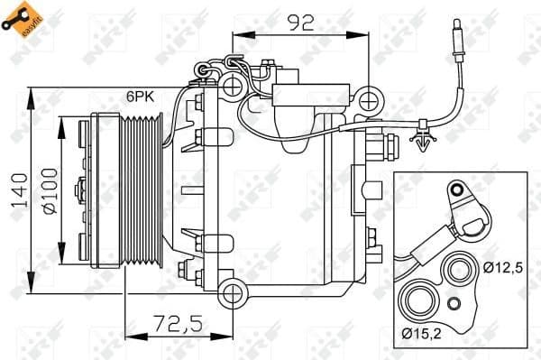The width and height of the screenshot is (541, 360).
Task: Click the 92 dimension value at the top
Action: click(300, 23)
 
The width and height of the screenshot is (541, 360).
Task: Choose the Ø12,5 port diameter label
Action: click(503, 266)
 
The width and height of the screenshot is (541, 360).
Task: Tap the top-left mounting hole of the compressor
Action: click(233, 87)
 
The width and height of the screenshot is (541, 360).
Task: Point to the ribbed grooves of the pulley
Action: click(144, 190)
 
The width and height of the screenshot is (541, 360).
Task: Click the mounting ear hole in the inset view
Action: click(457, 191)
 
